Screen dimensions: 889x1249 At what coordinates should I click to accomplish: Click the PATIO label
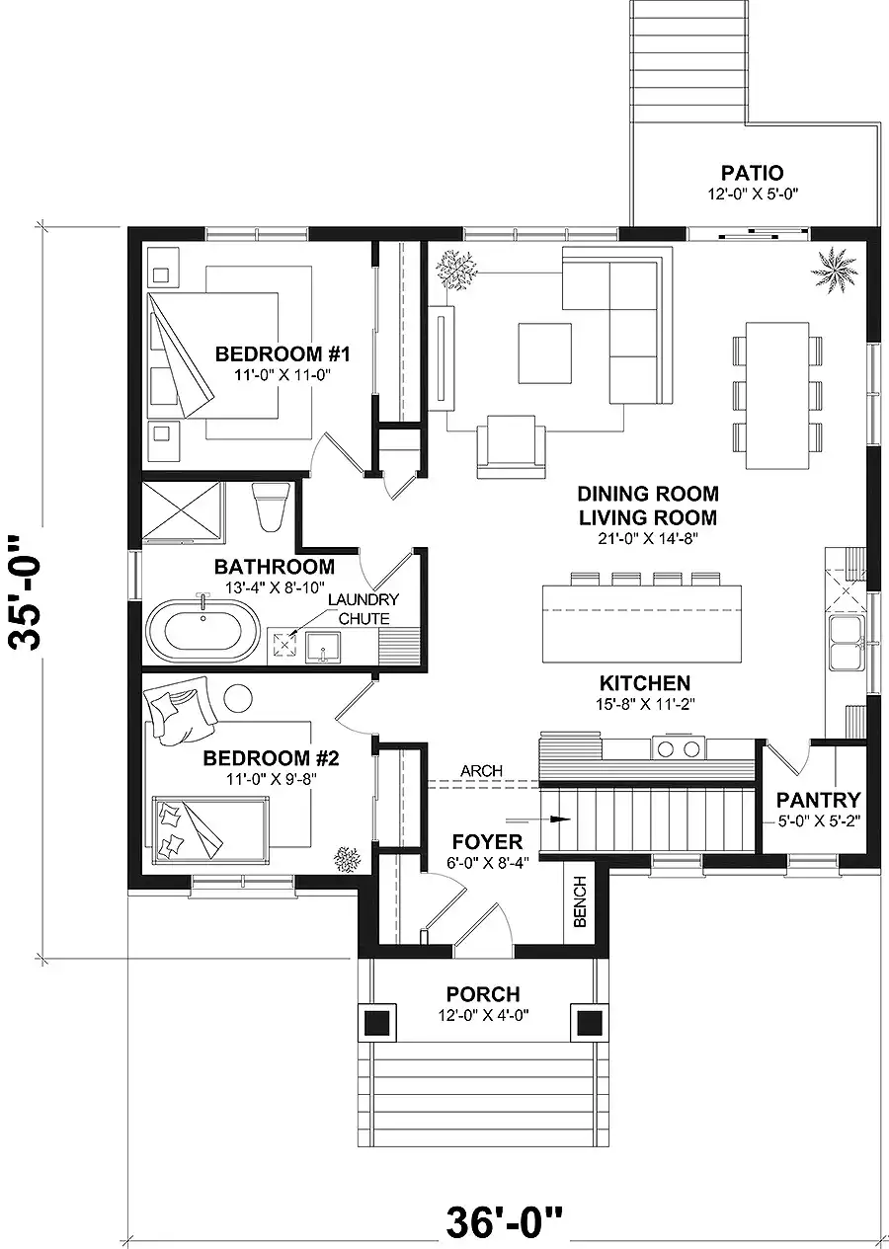752,173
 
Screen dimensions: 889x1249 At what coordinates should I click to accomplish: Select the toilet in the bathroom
271,507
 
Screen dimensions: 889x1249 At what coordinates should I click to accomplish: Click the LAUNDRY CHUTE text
364,609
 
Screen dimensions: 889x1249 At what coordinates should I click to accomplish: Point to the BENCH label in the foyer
580,901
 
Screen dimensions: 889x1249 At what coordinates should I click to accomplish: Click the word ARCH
481,771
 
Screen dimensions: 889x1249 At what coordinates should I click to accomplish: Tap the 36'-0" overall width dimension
504,1219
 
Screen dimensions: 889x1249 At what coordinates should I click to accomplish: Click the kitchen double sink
847,643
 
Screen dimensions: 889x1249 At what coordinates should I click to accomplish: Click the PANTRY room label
818,800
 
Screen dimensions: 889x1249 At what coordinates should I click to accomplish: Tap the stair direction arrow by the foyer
538,820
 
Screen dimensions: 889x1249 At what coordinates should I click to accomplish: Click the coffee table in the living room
545,352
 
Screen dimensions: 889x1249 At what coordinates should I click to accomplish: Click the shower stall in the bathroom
183,512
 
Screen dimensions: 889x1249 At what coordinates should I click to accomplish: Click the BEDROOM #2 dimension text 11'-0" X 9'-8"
271,779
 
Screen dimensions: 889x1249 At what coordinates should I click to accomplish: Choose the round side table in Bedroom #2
238,697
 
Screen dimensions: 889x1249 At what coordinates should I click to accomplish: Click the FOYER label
487,841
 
